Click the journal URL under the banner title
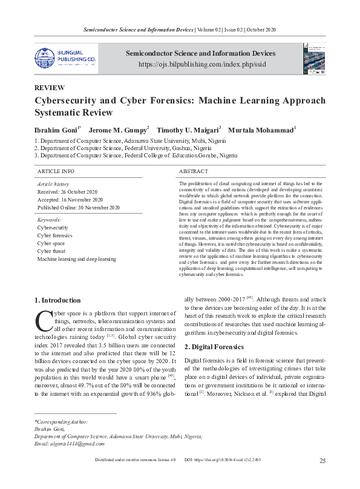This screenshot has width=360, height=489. pos(200,64)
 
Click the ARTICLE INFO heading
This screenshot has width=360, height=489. pos(56,172)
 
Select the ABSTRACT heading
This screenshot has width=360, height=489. pos(194,172)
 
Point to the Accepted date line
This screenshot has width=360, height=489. pos(70,199)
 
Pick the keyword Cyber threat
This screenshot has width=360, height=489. pos(52,251)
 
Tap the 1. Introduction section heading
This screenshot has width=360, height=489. pos(57,300)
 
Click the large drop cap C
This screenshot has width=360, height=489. pos(42,318)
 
